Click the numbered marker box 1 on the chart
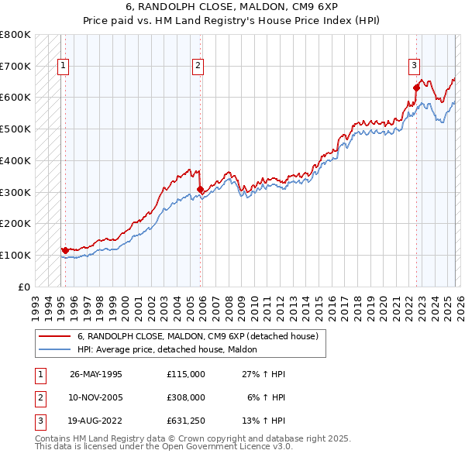(63, 67)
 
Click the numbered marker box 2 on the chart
(198, 67)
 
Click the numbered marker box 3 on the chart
(415, 67)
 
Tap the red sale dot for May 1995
(64, 250)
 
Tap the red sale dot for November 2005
(200, 189)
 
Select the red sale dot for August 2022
(416, 88)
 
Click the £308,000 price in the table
(186, 397)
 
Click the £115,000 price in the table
(186, 374)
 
